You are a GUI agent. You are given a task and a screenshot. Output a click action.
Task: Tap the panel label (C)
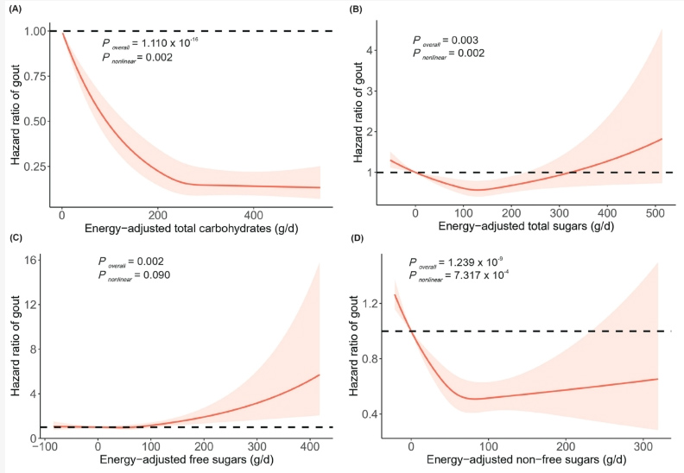point(17,238)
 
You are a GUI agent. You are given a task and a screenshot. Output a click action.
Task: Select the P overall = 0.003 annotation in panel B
point(446,40)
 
